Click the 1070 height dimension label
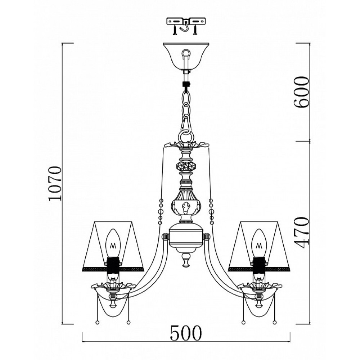click(55, 184)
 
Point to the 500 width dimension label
click(186, 333)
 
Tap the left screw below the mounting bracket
click(175, 30)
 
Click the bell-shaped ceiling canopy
click(186, 56)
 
